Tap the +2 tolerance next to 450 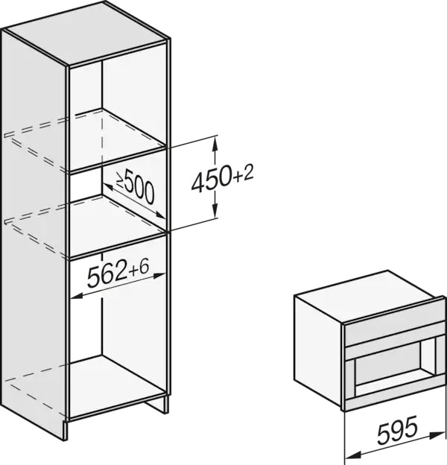[244, 174]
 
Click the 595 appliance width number [398, 430]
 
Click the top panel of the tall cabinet [85, 34]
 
